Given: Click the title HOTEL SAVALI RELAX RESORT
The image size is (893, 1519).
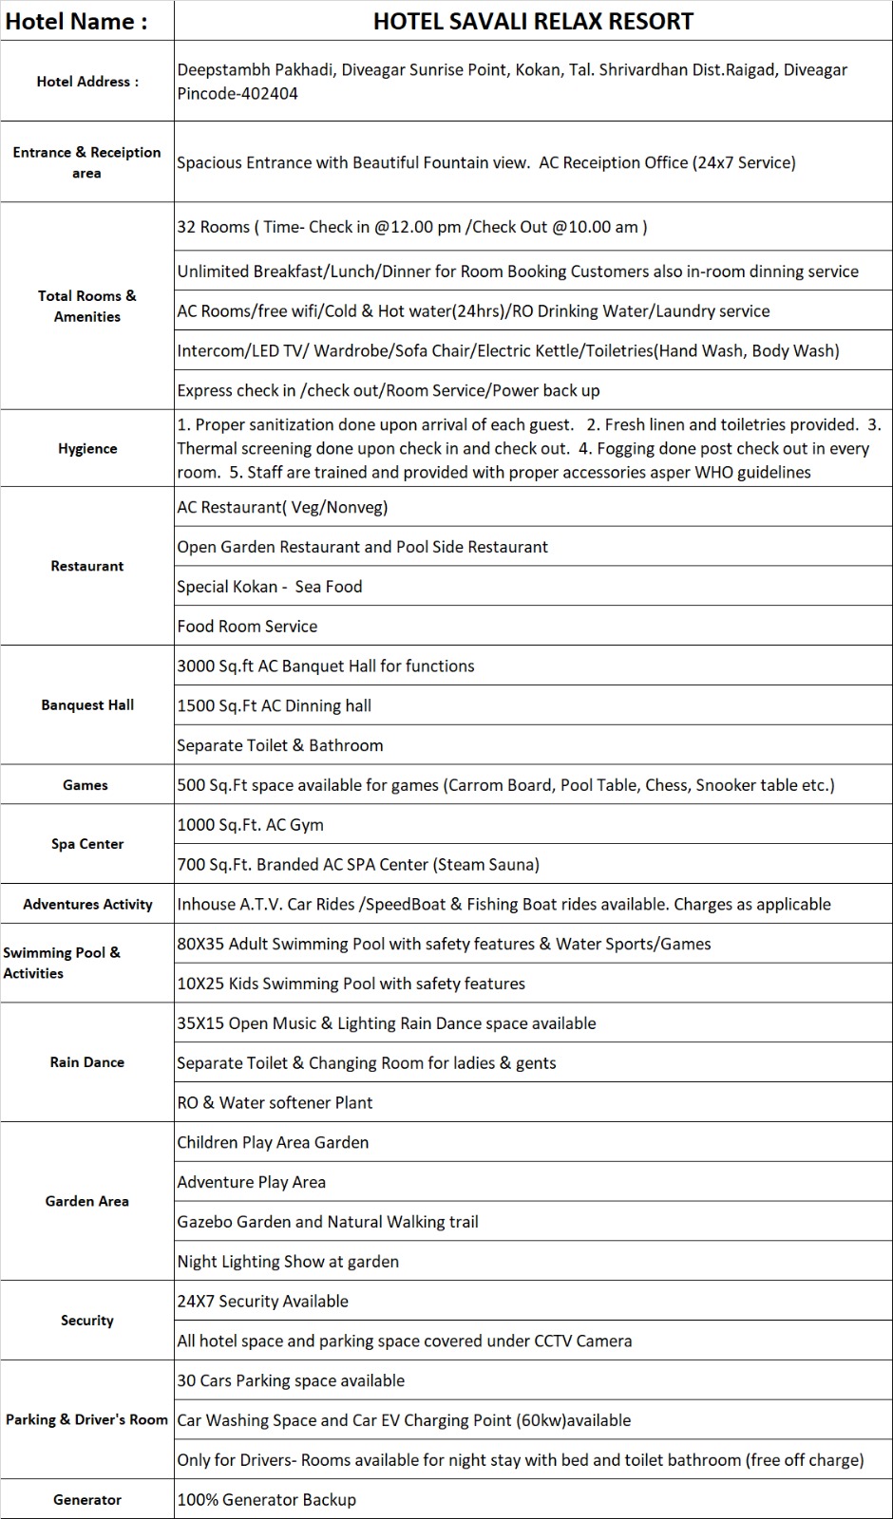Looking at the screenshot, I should click(x=533, y=21).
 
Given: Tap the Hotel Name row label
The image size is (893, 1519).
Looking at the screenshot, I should click(x=77, y=22).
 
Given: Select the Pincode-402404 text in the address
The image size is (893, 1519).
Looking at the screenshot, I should click(x=237, y=93).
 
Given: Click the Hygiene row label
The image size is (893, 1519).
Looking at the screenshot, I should click(x=87, y=448).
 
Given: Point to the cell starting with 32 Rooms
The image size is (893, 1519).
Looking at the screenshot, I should click(x=412, y=227).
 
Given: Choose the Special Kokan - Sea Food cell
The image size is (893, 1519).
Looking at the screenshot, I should click(x=270, y=587).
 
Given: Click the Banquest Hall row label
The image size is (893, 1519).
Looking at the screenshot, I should click(x=87, y=704).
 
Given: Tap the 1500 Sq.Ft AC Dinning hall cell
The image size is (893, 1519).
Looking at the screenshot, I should click(x=275, y=705).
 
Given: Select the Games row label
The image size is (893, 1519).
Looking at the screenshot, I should click(x=85, y=785).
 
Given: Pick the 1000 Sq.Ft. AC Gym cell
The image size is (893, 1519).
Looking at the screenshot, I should click(x=251, y=825).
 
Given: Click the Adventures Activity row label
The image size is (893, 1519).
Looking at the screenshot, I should click(x=87, y=904).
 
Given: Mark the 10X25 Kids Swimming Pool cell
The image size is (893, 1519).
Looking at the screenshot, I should click(x=351, y=984).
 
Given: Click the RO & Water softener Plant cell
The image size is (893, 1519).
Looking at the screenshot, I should click(x=275, y=1102).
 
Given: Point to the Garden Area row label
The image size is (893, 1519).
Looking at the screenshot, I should click(x=87, y=1201).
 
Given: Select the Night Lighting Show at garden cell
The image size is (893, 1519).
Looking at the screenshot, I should click(x=288, y=1262).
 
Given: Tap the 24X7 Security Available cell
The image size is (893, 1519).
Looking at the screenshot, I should click(x=263, y=1302).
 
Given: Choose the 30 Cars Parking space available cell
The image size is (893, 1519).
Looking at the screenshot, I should click(x=291, y=1380).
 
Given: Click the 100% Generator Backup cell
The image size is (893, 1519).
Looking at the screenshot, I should click(x=267, y=1500).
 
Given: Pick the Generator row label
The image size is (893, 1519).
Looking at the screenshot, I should click(x=87, y=1500).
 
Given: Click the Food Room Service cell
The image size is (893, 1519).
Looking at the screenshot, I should click(x=247, y=627).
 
